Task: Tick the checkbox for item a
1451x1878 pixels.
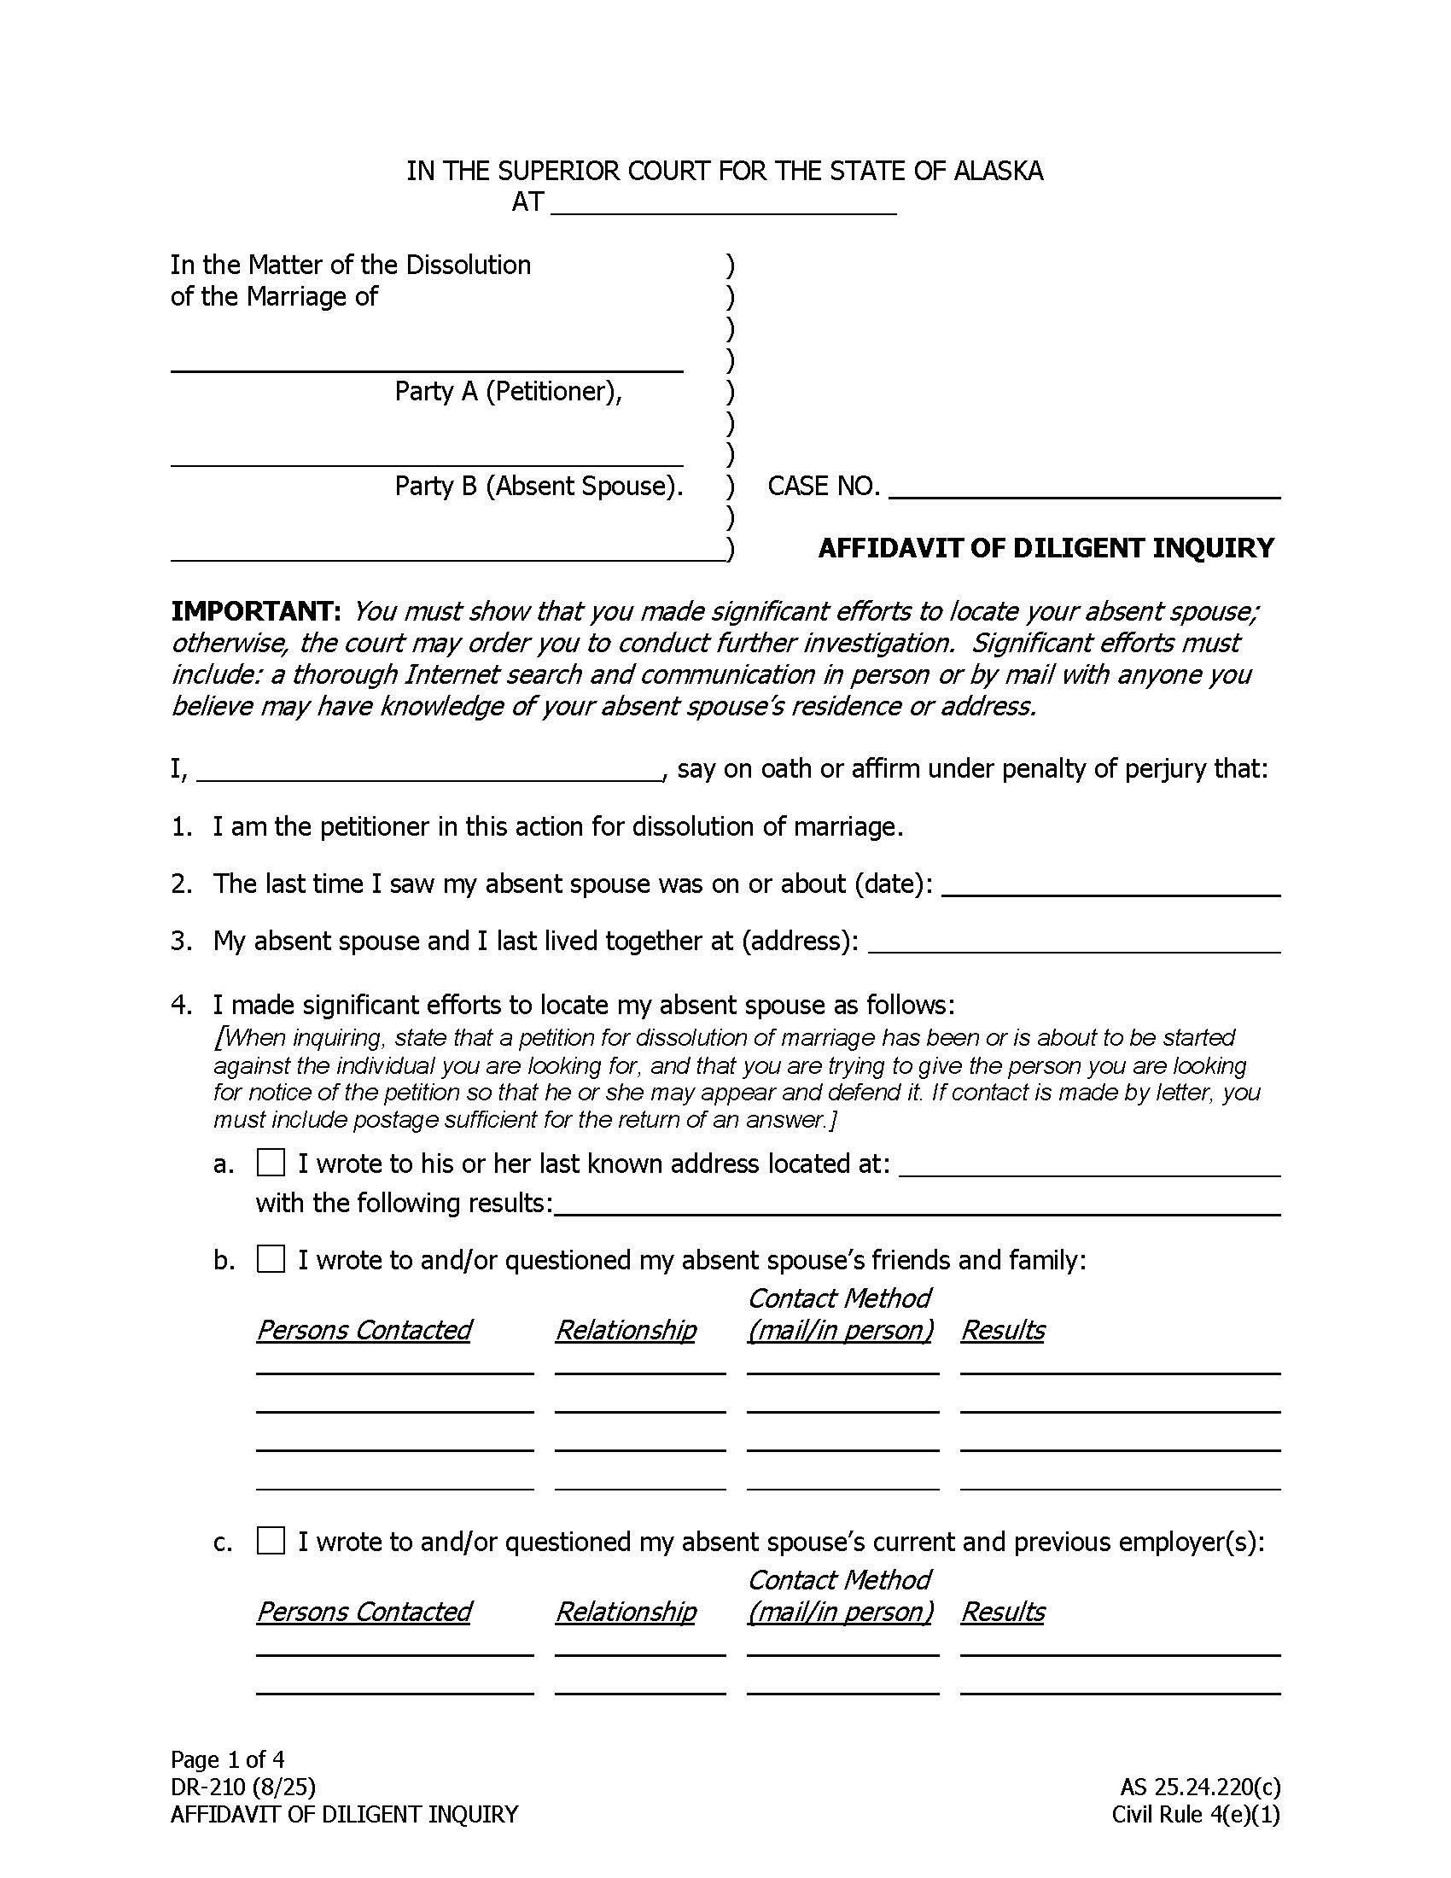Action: coord(271,1163)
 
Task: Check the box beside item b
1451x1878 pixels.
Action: coord(271,1260)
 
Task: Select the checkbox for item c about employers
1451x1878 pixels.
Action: coord(271,1541)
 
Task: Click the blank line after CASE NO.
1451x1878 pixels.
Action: coord(1085,488)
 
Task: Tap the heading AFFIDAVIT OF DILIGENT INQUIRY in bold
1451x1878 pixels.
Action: coord(1046,548)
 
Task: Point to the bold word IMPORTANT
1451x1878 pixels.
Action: coord(255,611)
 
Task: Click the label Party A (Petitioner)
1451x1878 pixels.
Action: coord(508,391)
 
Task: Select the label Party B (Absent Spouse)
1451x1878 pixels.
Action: coord(539,486)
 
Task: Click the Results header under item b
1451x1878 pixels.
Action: coord(1002,1330)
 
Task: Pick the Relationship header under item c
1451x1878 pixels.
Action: coord(626,1612)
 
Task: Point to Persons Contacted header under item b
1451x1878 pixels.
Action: coord(364,1330)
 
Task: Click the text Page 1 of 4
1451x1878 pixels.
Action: coord(228,1758)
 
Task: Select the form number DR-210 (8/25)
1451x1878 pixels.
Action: coord(243,1787)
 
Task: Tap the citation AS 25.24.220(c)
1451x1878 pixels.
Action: coord(1200,1787)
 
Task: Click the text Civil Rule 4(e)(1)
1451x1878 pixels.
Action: coord(1196,1814)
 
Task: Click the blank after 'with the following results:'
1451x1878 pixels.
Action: coord(917,1205)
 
